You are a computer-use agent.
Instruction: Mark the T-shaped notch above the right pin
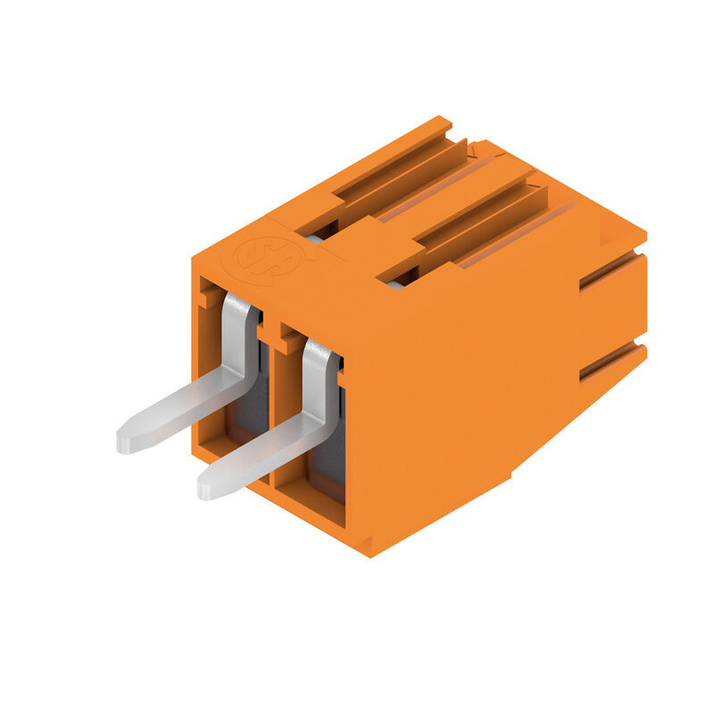pyautogui.click(x=290, y=337)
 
